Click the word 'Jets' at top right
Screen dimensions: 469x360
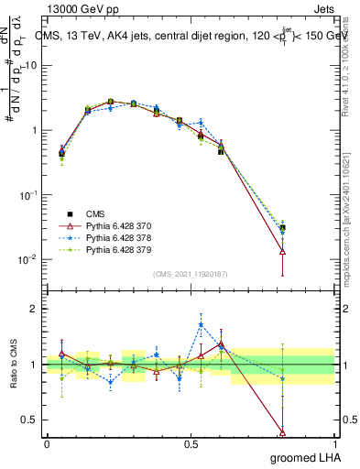pyautogui.click(x=322, y=8)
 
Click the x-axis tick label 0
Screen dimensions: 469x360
pyautogui.click(x=47, y=443)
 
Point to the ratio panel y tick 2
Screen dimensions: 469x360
pyautogui.click(x=34, y=309)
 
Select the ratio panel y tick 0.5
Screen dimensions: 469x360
pyautogui.click(x=30, y=420)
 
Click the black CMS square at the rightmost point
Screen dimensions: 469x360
pyautogui.click(x=282, y=227)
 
